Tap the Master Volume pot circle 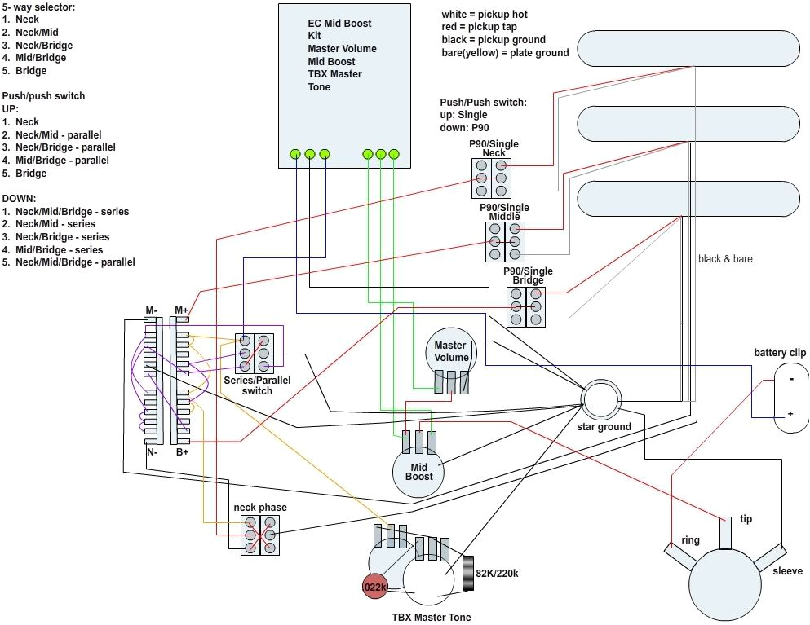(x=451, y=351)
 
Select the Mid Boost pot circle (x=419, y=472)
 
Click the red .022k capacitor (x=375, y=586)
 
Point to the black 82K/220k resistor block (x=469, y=573)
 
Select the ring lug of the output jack (x=679, y=557)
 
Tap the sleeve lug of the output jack (x=768, y=558)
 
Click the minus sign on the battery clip (x=790, y=379)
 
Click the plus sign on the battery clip (x=790, y=414)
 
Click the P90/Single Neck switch (x=491, y=178)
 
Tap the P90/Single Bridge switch (x=526, y=306)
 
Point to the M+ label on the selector (x=181, y=310)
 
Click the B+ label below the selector (x=181, y=451)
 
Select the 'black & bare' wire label (x=725, y=259)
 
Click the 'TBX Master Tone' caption (x=432, y=618)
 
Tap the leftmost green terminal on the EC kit (x=295, y=153)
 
